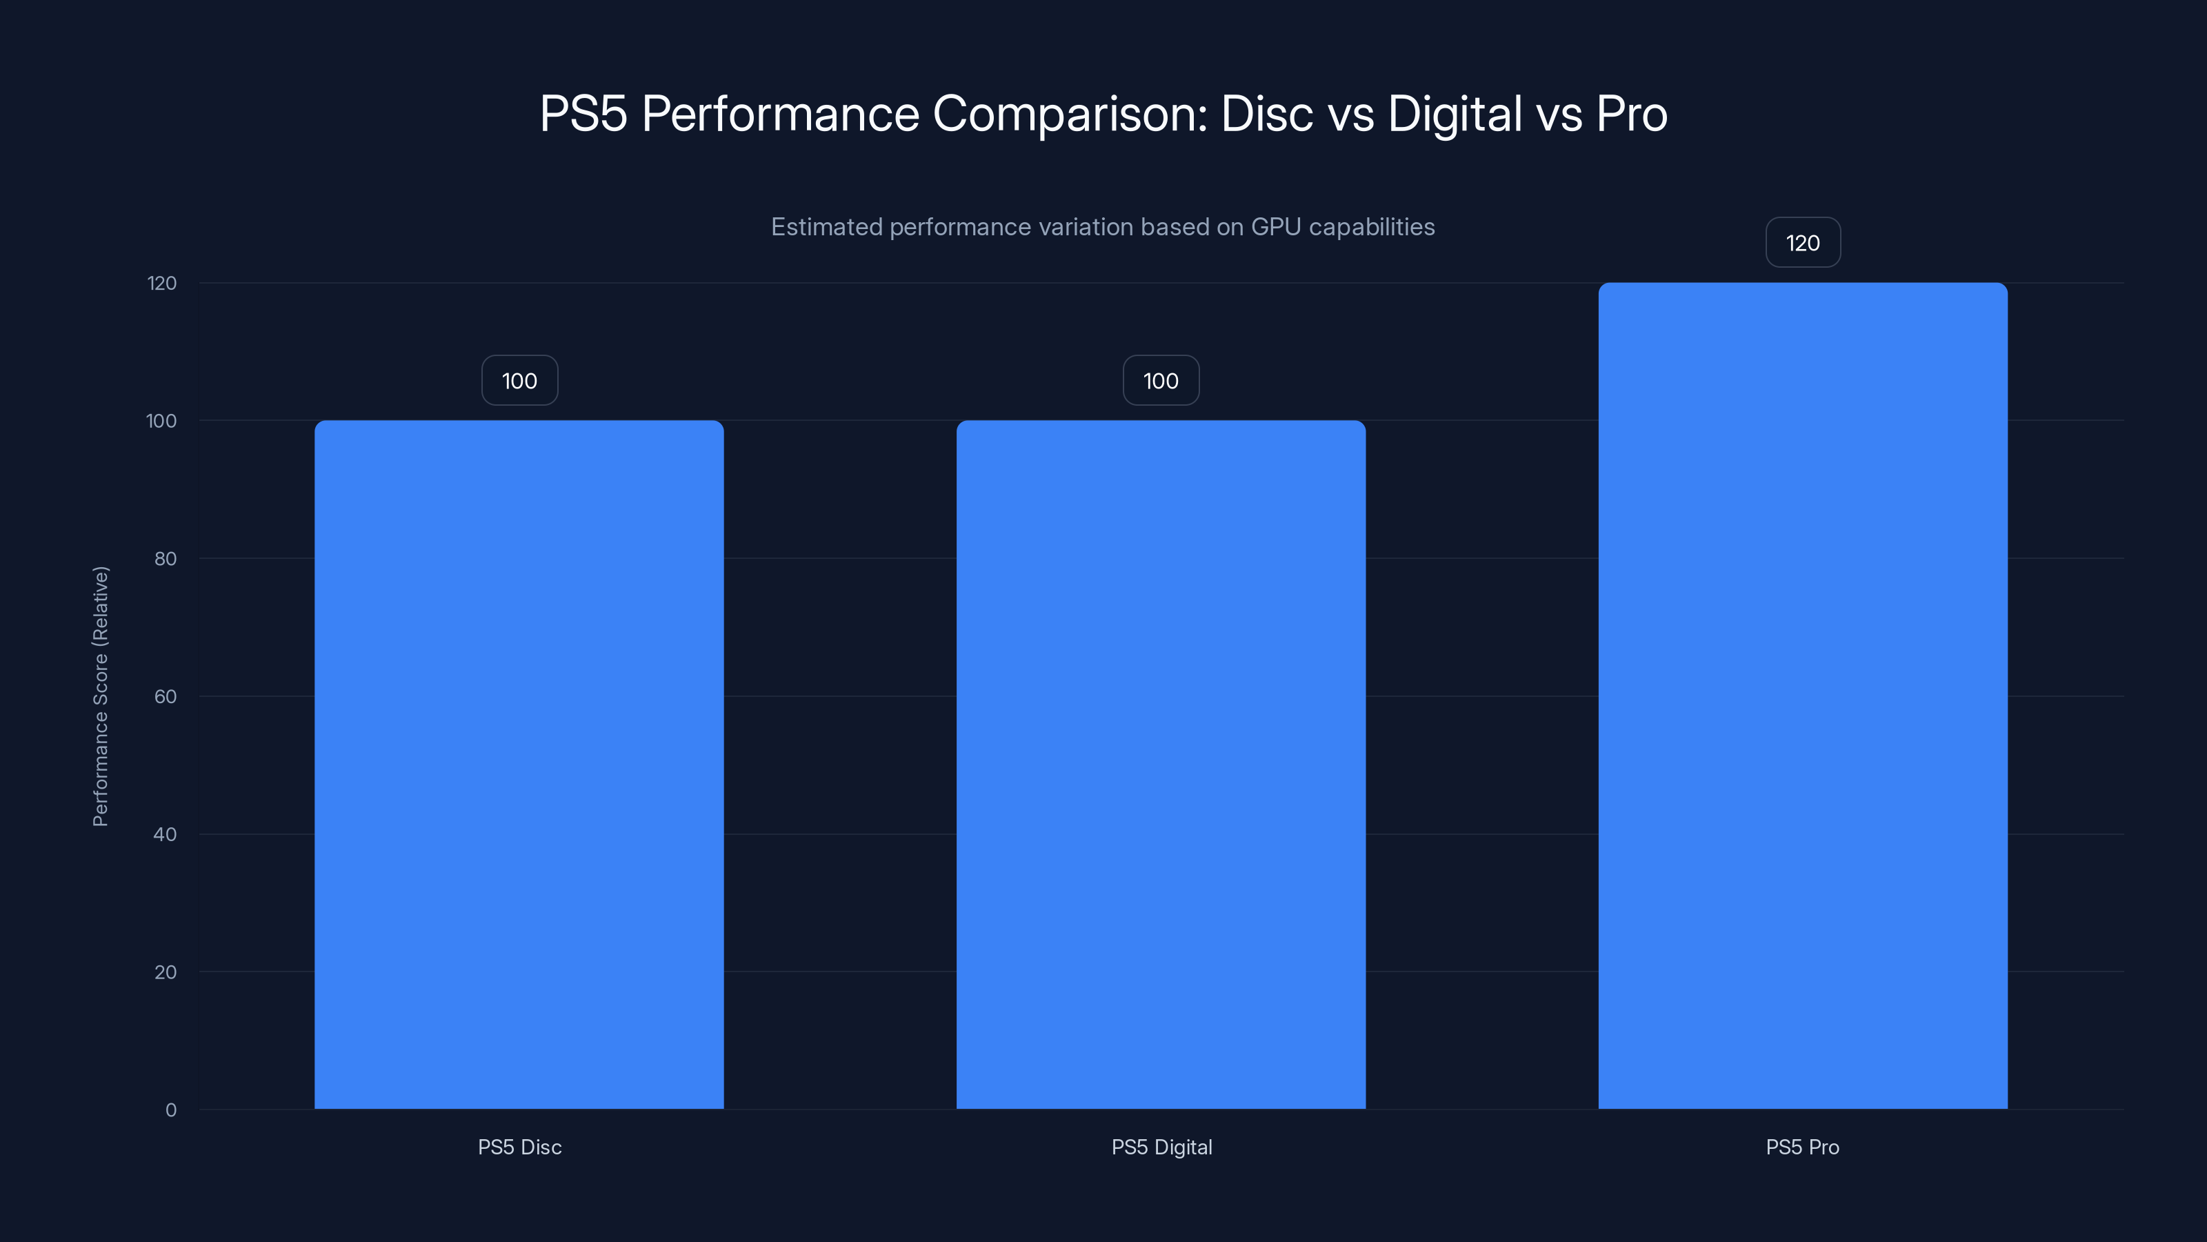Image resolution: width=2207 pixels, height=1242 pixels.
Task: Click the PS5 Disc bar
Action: pos(519,764)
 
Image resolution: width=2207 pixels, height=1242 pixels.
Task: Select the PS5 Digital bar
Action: pos(1160,764)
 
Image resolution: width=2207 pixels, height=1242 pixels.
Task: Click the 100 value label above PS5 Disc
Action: pos(519,381)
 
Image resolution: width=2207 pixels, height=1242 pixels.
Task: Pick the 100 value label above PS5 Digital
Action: pos(1161,381)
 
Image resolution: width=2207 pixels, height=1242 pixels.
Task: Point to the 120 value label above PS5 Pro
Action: pos(1803,243)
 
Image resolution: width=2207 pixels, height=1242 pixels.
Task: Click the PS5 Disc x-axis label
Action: pos(519,1147)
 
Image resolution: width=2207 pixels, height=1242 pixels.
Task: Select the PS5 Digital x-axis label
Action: pos(1161,1147)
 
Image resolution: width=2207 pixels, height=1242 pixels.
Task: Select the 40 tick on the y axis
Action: pos(165,834)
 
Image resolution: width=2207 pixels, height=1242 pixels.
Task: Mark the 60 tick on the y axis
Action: pos(165,696)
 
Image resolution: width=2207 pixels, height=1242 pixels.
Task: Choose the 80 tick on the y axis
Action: pos(165,559)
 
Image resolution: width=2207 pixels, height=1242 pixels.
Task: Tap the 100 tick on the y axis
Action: pos(161,421)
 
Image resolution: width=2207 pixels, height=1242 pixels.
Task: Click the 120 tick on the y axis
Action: pos(161,283)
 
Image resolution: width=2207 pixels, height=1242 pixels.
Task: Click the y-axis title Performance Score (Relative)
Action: pos(100,696)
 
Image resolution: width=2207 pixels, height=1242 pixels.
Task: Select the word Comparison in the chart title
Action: pos(1069,114)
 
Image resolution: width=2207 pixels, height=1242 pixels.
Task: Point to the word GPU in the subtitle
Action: pos(1276,227)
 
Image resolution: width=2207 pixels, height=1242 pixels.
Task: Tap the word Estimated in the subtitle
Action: pos(826,227)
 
